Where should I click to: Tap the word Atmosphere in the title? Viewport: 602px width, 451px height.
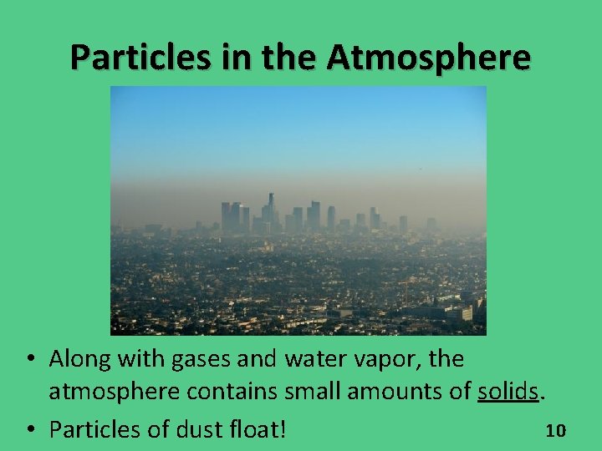(429, 57)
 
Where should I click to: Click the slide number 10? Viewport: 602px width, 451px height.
(556, 431)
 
